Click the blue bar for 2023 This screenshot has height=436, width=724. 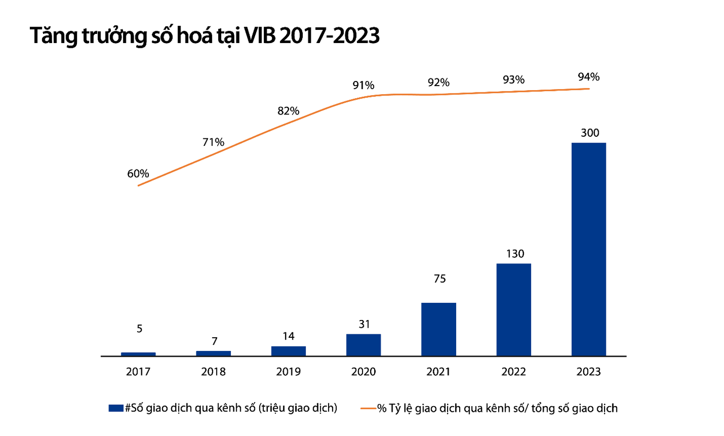click(589, 249)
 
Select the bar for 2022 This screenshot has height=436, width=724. click(514, 310)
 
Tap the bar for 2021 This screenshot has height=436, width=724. click(438, 329)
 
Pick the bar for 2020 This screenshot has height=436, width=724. click(363, 345)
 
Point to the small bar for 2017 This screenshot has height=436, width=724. click(138, 354)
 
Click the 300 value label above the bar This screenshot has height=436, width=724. click(590, 133)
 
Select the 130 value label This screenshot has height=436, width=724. click(515, 254)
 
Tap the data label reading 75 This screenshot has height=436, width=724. click(439, 279)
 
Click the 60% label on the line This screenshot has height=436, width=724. click(138, 173)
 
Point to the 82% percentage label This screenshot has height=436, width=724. click(288, 111)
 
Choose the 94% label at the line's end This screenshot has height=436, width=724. click(589, 77)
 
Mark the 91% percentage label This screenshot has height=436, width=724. click(363, 85)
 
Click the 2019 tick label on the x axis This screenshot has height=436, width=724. click(288, 372)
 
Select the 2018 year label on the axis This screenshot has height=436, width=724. click(213, 372)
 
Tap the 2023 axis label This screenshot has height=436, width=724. click(589, 372)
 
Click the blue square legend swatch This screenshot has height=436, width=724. click(116, 408)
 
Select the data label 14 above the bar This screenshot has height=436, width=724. click(288, 336)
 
